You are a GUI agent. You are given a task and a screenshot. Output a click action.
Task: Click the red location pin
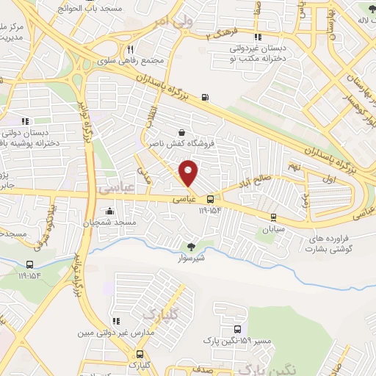tap(189, 173)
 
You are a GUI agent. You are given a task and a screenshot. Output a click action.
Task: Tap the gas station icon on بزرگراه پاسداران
tap(203, 97)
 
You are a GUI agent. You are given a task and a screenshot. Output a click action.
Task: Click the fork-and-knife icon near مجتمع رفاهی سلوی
tap(130, 49)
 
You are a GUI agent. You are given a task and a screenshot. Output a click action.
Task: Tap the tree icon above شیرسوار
tap(192, 247)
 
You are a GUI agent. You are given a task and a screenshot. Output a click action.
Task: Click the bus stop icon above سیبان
tap(273, 217)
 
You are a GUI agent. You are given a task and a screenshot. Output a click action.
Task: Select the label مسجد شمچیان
tap(114, 222)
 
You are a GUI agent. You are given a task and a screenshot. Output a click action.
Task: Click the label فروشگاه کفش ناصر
tap(175, 144)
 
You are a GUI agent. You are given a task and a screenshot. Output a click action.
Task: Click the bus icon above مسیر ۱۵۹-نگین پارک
tap(237, 330)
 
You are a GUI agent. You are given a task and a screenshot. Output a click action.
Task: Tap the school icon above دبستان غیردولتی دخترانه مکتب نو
tap(257, 37)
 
